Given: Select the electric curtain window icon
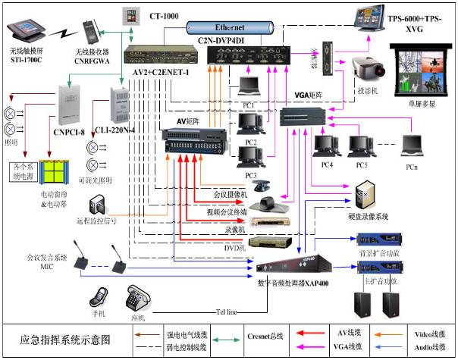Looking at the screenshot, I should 54,171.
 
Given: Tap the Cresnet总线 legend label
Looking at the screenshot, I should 265,334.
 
